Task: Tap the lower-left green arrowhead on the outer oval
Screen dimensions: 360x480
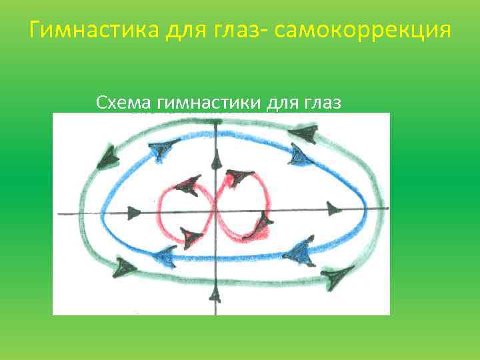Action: [x=124, y=267]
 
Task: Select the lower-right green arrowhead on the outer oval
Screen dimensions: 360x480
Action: [x=337, y=274]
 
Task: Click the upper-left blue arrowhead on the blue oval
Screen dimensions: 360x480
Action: [x=160, y=153]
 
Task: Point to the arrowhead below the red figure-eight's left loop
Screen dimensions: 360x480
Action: [x=191, y=237]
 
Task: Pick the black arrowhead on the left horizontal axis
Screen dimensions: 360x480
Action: [x=134, y=213]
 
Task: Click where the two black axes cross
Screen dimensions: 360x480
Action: [x=215, y=213]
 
